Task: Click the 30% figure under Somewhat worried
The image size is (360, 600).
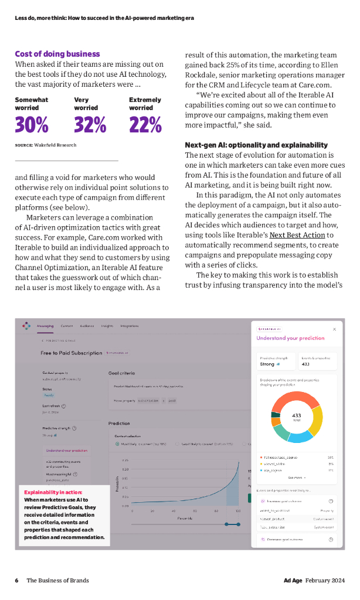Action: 32,125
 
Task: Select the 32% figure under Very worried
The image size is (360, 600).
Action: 90,125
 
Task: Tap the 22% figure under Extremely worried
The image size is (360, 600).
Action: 145,125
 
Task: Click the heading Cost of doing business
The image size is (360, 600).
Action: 57,54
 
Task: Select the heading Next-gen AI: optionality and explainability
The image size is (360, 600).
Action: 264,145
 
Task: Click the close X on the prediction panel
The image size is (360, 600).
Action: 334,329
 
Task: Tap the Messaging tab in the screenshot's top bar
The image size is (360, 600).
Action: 45,326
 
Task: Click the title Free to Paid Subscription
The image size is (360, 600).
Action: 72,353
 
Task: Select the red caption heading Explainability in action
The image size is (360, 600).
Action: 53,492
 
